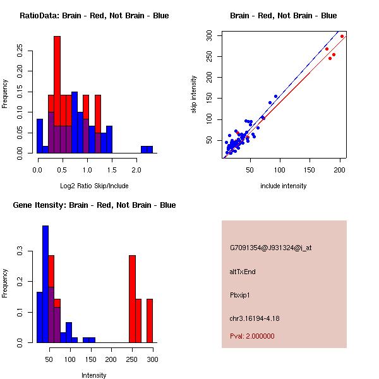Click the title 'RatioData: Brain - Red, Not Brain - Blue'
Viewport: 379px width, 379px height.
pyautogui.click(x=94, y=16)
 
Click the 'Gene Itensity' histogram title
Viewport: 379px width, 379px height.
pyautogui.click(x=92, y=205)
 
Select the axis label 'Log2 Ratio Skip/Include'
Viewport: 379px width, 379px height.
pyautogui.click(x=94, y=186)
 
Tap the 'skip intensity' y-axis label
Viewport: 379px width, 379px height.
pyautogui.click(x=193, y=95)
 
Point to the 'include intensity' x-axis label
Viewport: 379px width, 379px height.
pyautogui.click(x=283, y=186)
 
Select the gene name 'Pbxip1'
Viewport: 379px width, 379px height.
pyautogui.click(x=241, y=295)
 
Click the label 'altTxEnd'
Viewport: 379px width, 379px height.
pyautogui.click(x=243, y=272)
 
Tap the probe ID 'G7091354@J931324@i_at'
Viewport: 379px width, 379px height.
pyautogui.click(x=270, y=248)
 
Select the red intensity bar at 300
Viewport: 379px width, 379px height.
pyautogui.click(x=150, y=320)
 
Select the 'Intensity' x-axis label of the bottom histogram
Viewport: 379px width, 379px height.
pyautogui.click(x=94, y=375)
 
